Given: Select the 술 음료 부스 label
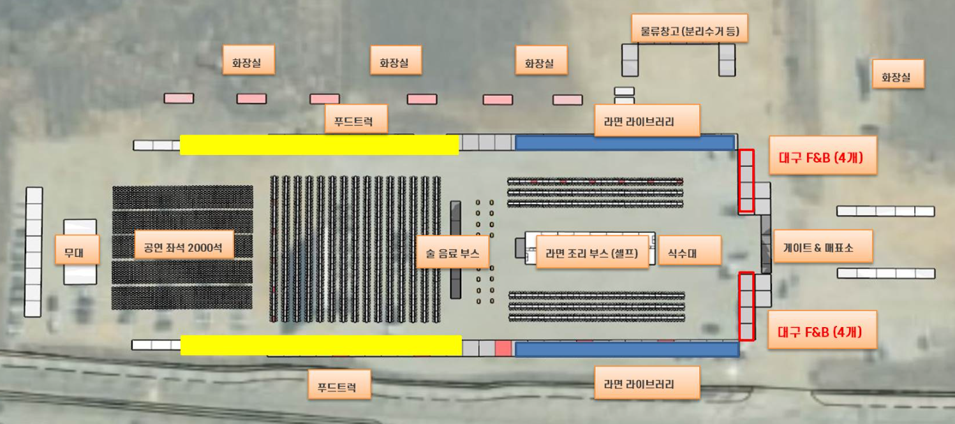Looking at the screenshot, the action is pyautogui.click(x=452, y=253).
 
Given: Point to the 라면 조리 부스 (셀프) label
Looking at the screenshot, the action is pyautogui.click(x=592, y=252).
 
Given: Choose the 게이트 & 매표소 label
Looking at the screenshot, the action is pyautogui.click(x=822, y=246).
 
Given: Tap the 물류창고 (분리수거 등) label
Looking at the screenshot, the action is pyautogui.click(x=689, y=29).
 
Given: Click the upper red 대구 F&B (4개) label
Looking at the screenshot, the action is pyautogui.click(x=822, y=155).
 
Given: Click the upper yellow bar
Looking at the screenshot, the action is pyautogui.click(x=319, y=145).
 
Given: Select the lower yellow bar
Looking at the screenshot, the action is pyautogui.click(x=321, y=345).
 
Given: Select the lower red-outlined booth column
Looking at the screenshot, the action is pyautogui.click(x=746, y=307).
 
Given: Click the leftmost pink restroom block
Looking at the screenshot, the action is pyautogui.click(x=179, y=98).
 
